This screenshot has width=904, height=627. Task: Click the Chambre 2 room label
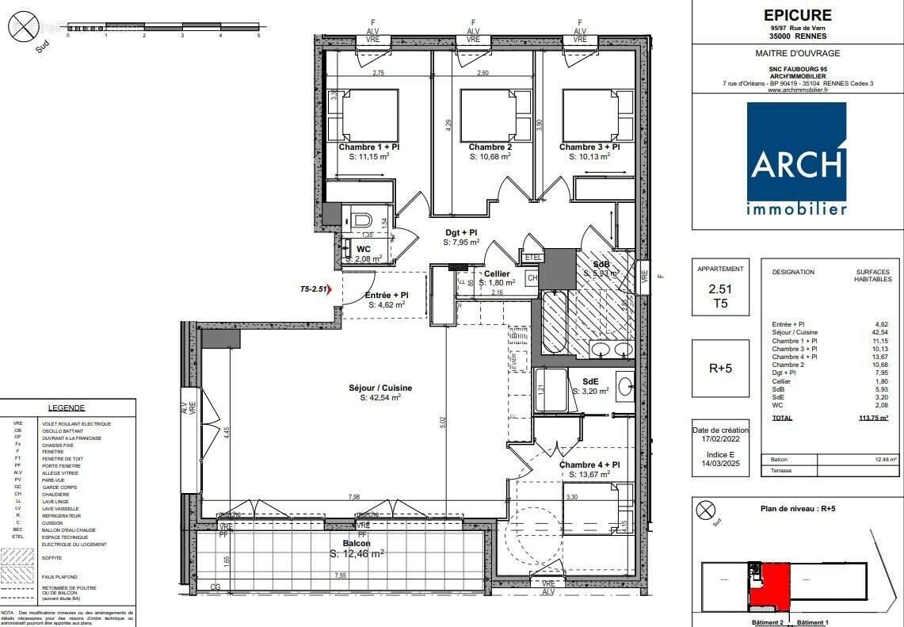click(x=490, y=147)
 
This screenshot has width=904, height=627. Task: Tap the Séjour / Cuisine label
click(x=380, y=388)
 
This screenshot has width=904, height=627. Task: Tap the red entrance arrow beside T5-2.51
click(x=340, y=290)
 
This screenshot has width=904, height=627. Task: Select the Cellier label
click(x=497, y=273)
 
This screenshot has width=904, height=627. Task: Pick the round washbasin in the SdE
click(x=625, y=387)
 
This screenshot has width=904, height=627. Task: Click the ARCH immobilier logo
click(x=796, y=159)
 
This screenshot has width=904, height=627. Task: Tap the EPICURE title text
click(x=797, y=15)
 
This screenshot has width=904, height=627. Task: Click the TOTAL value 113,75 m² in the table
click(x=872, y=418)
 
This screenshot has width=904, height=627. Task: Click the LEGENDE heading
click(x=67, y=407)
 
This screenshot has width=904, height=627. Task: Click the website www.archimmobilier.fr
click(x=797, y=90)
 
